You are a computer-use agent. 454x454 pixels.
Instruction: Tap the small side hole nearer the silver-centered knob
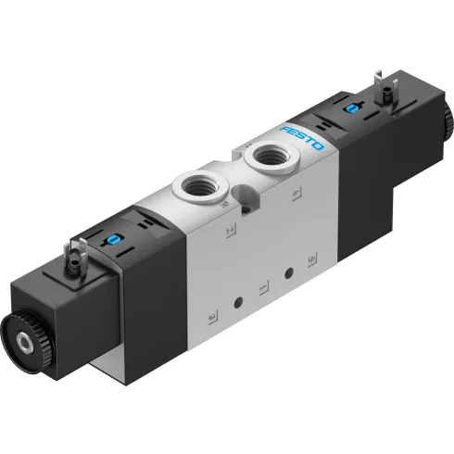click(240, 303)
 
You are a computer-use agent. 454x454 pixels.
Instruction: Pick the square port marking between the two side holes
click(264, 286)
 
